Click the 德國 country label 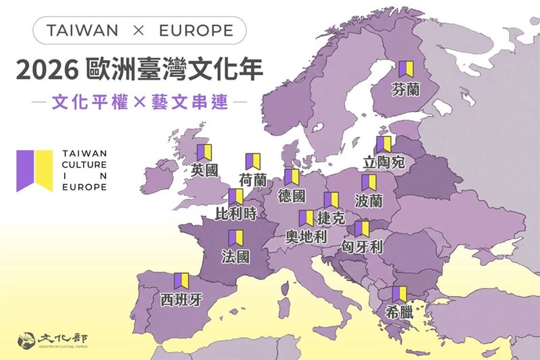292,196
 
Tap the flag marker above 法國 236,238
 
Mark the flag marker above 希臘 399,294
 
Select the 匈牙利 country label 362,247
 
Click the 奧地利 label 306,236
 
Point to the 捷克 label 331,218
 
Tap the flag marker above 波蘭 369,182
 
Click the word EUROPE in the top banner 196,30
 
